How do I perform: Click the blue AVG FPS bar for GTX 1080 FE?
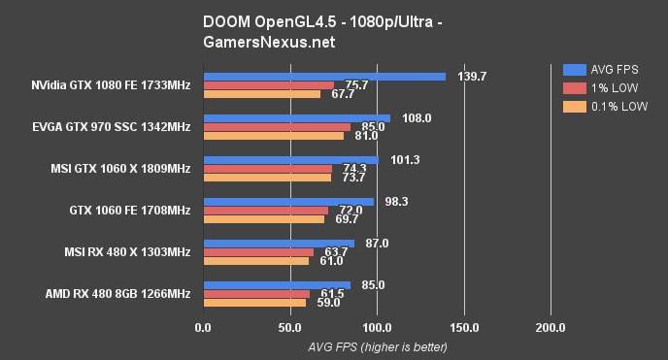[323, 76]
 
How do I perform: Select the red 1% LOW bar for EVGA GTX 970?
[276, 127]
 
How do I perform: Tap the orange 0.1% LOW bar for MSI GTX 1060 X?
[266, 178]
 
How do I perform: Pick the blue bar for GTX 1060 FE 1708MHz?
[287, 202]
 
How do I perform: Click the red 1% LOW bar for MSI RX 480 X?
[257, 252]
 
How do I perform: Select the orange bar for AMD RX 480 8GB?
[253, 303]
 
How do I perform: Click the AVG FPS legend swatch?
[573, 69]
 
